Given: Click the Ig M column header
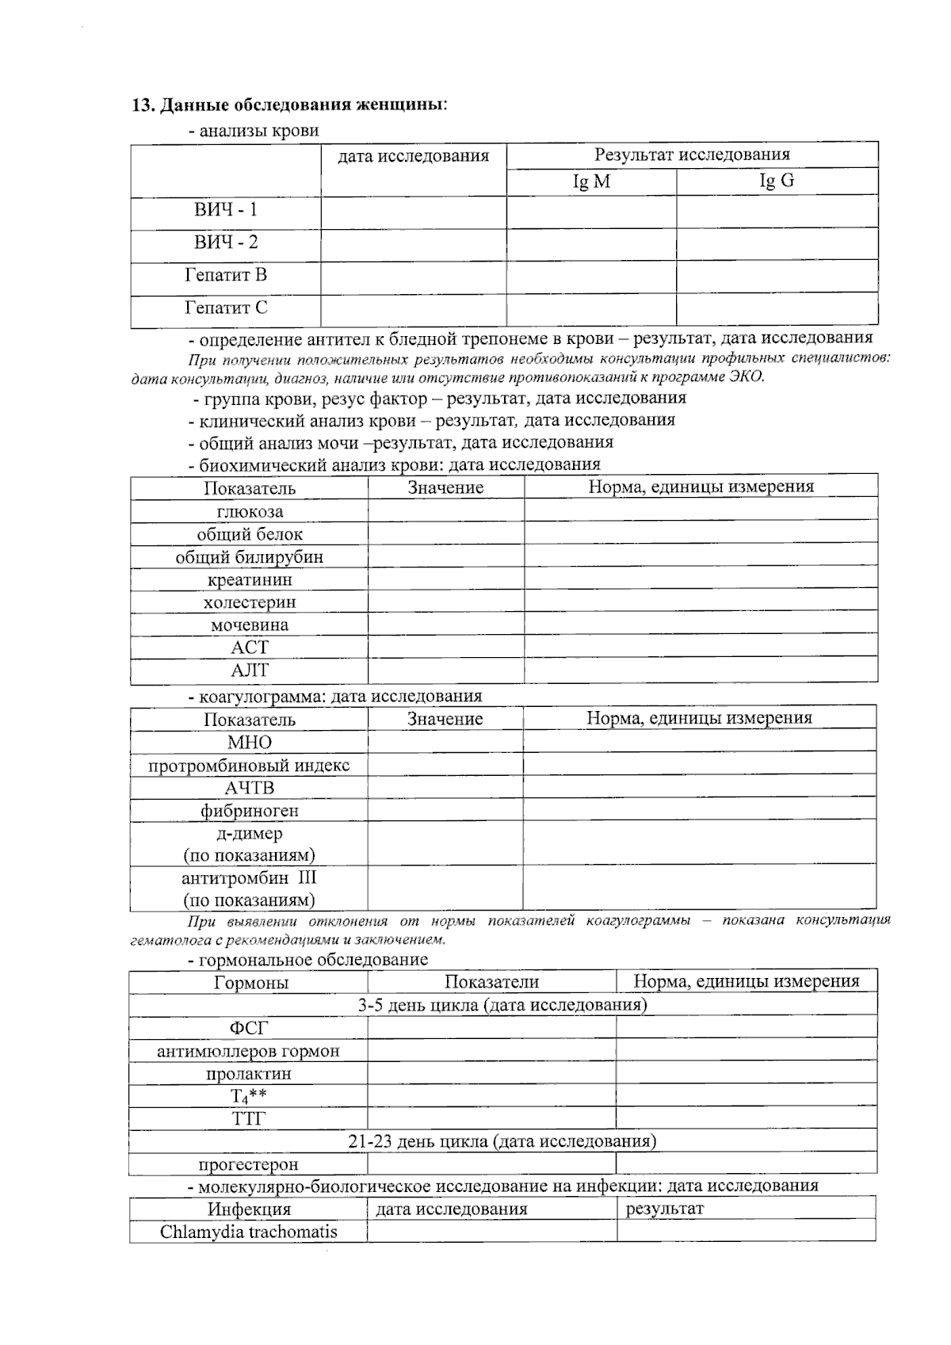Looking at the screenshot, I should pyautogui.click(x=591, y=181).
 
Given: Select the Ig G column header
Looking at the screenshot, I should pyautogui.click(x=776, y=181).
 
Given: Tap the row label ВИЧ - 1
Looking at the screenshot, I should pyautogui.click(x=226, y=210).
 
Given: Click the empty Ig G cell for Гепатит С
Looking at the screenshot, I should pyautogui.click(x=776, y=308).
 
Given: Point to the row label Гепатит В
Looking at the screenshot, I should pyautogui.click(x=226, y=275).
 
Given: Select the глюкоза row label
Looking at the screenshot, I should pyautogui.click(x=250, y=512).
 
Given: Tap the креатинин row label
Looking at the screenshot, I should pyautogui.click(x=250, y=580).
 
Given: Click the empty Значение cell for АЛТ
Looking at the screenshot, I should pyautogui.click(x=445, y=671).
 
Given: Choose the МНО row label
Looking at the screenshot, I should pyautogui.click(x=249, y=743).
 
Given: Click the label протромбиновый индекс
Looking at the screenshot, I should pyautogui.click(x=249, y=766).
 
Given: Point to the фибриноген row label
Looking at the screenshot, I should pyautogui.click(x=249, y=811).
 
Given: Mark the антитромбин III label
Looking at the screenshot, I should pyautogui.click(x=249, y=878).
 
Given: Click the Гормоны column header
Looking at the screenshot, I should pyautogui.click(x=250, y=983).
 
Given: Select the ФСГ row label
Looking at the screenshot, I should pyautogui.click(x=249, y=1028).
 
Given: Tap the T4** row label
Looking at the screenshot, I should pyautogui.click(x=248, y=1097).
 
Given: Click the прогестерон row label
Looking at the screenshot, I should pyautogui.click(x=248, y=1164).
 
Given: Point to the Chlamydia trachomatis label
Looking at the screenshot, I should pyautogui.click(x=248, y=1232).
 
